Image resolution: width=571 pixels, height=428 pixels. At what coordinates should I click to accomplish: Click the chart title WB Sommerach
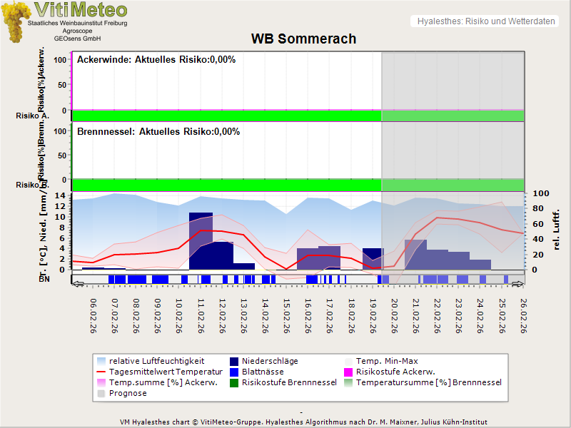coord(303,39)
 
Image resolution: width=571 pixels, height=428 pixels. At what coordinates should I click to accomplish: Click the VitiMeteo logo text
coord(81,11)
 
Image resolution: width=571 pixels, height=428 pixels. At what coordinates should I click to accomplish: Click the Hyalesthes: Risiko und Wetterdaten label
coord(485,21)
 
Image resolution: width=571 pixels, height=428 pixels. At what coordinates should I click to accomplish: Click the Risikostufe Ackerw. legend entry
coord(395,372)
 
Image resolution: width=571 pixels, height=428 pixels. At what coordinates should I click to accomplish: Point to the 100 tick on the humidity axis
coord(540,193)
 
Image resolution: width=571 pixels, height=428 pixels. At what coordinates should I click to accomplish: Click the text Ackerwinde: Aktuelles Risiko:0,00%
coord(156,60)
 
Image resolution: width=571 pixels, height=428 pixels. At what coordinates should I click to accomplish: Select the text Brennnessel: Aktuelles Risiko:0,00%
coord(158,132)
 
